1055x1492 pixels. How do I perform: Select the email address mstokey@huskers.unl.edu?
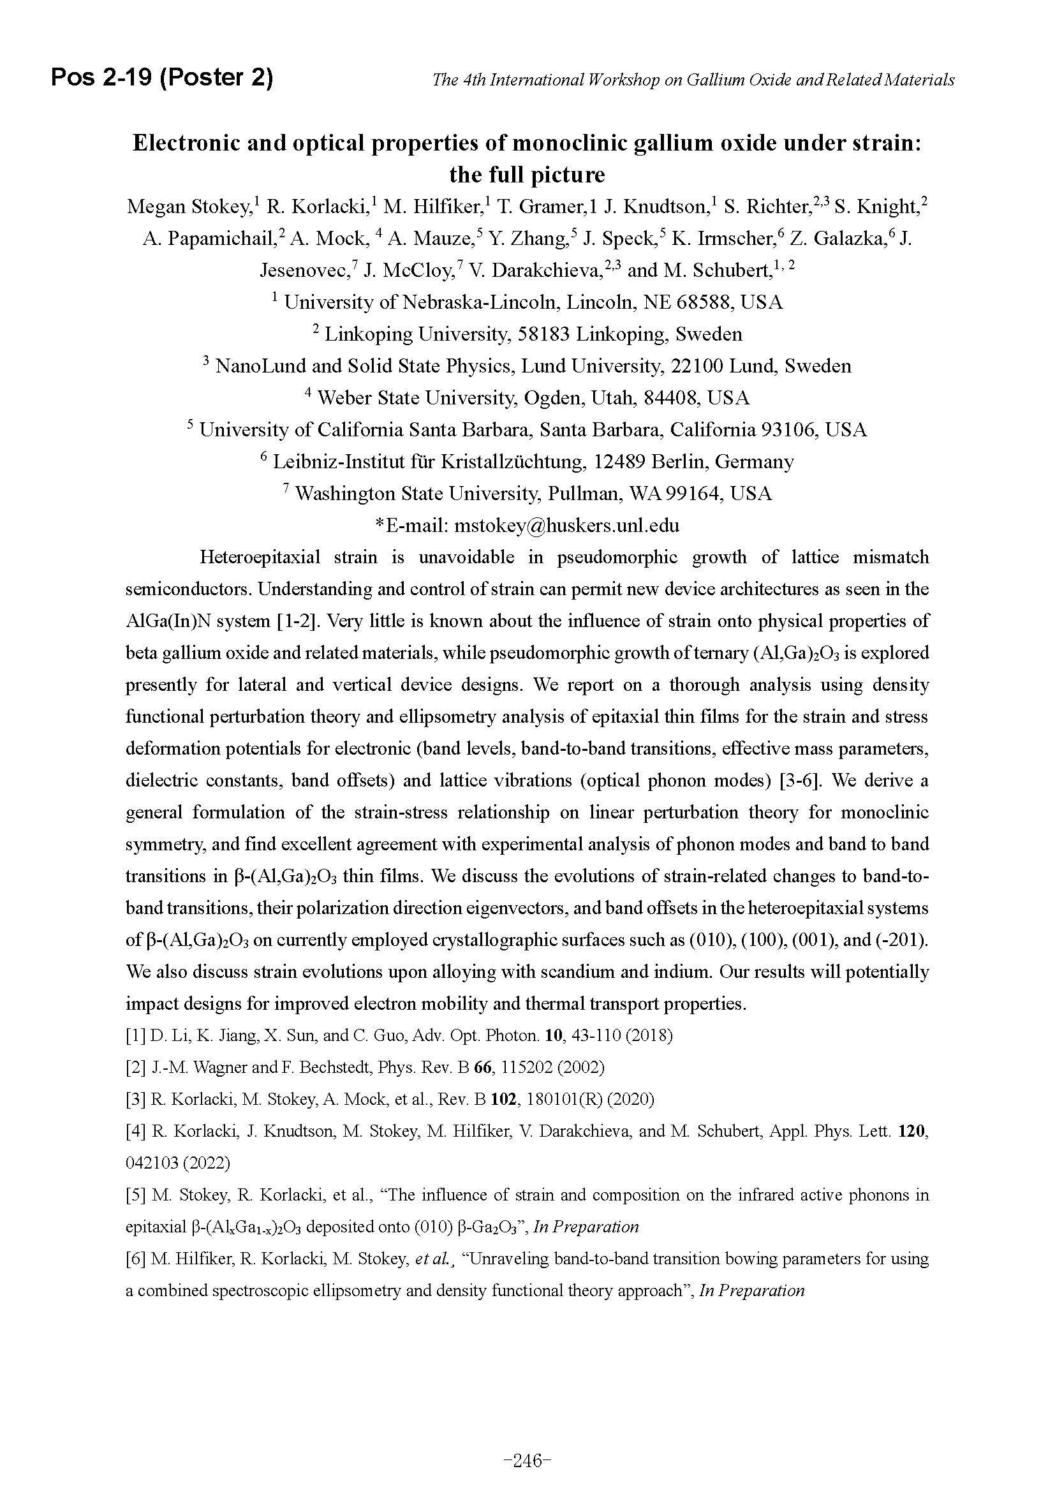click(x=566, y=525)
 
